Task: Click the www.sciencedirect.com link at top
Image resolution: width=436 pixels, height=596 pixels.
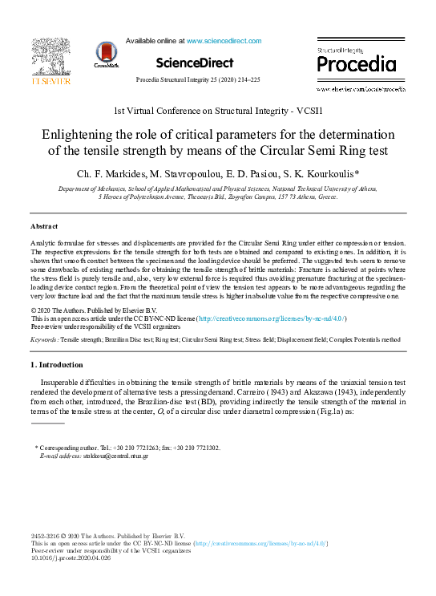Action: pos(224,40)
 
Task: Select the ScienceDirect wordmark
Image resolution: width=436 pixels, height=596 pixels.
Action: pos(194,63)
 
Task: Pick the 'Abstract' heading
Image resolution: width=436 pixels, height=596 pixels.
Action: pos(44,227)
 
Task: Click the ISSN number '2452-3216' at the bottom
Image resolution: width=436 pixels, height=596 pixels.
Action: pos(46,536)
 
